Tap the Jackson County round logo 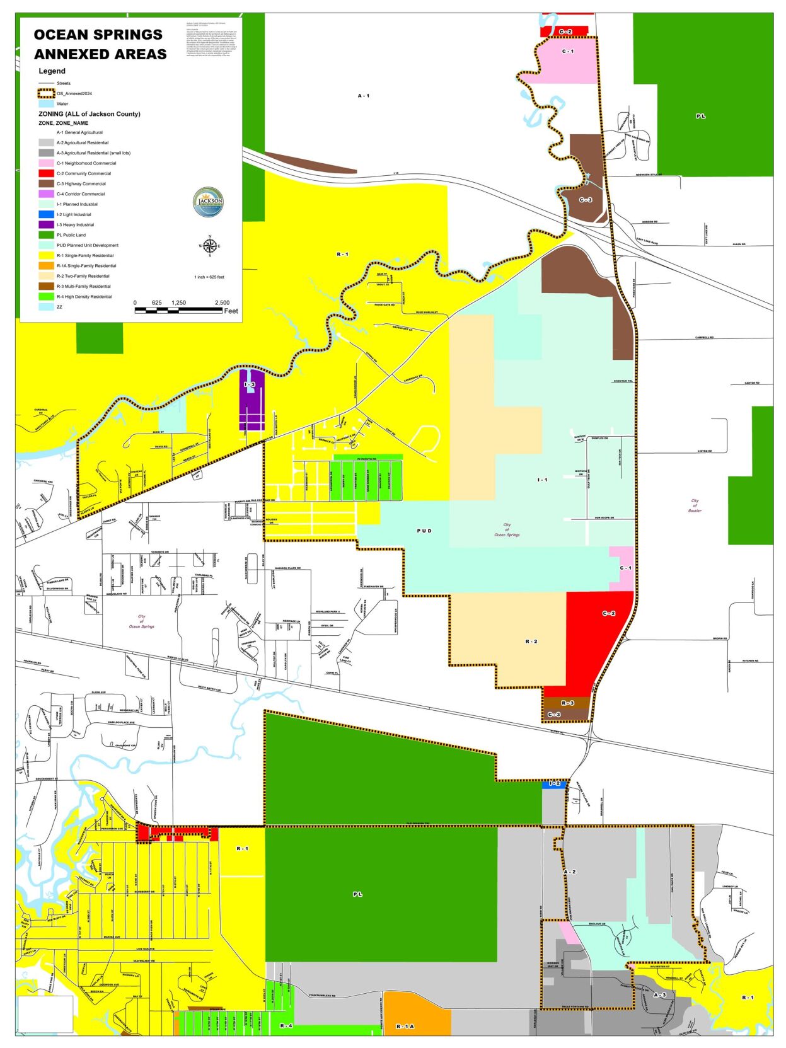coord(208,202)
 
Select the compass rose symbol coord(210,246)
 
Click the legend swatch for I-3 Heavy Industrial coord(46,225)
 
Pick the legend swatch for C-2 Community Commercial coord(46,173)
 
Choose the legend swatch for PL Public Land coord(46,235)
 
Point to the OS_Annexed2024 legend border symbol coord(46,93)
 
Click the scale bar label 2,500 coord(222,302)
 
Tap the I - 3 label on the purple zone coord(250,384)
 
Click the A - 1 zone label coord(364,96)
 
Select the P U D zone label coord(424,531)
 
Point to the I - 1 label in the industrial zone coord(542,480)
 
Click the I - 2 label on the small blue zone coord(554,783)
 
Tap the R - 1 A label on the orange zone coord(405,1027)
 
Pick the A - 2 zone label coord(570,872)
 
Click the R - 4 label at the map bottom coord(286,1026)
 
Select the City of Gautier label coord(695,505)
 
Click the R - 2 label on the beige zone coord(531,642)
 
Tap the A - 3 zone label coord(659,995)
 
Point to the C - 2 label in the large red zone coord(608,613)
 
